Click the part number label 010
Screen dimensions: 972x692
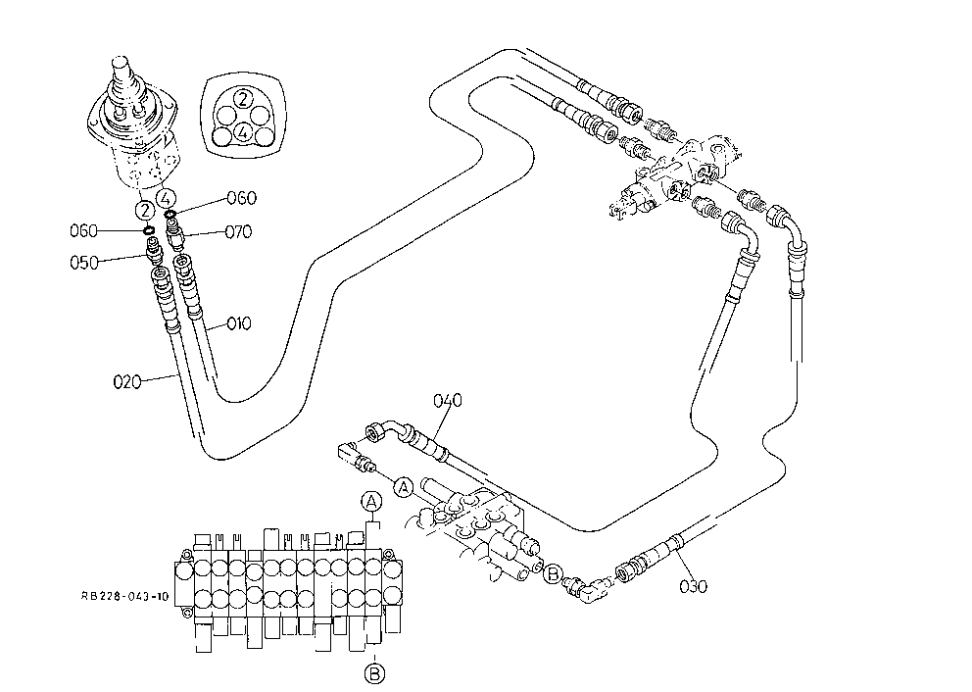pyautogui.click(x=239, y=323)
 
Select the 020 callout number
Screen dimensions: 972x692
pyautogui.click(x=126, y=381)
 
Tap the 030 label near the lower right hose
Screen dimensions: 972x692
pyautogui.click(x=693, y=586)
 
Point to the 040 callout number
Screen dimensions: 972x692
pyautogui.click(x=448, y=401)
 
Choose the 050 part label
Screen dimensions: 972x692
pyautogui.click(x=83, y=263)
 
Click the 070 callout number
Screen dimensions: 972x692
pyautogui.click(x=238, y=232)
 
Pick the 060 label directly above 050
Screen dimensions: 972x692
pyautogui.click(x=83, y=230)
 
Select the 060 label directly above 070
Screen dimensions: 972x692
pyautogui.click(x=241, y=198)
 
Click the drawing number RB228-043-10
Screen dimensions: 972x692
pyautogui.click(x=124, y=597)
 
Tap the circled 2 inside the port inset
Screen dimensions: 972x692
pyautogui.click(x=244, y=98)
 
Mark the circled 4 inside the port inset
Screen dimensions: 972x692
pyautogui.click(x=244, y=132)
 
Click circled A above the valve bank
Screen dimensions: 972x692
pyautogui.click(x=371, y=501)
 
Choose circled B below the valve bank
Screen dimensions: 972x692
pyautogui.click(x=373, y=672)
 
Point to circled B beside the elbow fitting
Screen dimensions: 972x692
pyautogui.click(x=553, y=573)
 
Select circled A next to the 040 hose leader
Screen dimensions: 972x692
pyautogui.click(x=404, y=488)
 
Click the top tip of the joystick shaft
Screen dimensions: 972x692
pyautogui.click(x=121, y=59)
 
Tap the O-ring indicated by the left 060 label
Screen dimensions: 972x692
pyautogui.click(x=149, y=230)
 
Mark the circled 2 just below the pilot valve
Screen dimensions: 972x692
pyautogui.click(x=144, y=210)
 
